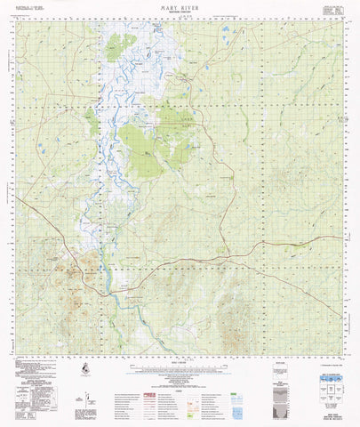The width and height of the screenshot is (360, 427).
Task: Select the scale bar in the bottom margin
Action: (x=179, y=359)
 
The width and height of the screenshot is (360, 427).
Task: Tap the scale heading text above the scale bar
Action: (x=179, y=353)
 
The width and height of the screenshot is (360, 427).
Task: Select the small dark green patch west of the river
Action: (x=92, y=119)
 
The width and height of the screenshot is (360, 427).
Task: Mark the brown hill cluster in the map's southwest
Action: (x=89, y=263)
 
